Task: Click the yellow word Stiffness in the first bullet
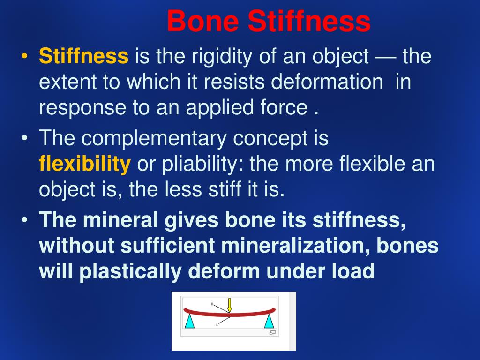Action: coord(83,57)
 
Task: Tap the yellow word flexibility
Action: coord(85,165)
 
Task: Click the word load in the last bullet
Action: coord(355,271)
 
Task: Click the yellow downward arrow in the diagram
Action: coord(230,305)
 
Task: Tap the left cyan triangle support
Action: coord(189,322)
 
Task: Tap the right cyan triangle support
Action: coord(269,322)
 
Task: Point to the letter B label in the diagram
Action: coord(212,304)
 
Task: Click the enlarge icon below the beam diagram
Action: coord(272,332)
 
